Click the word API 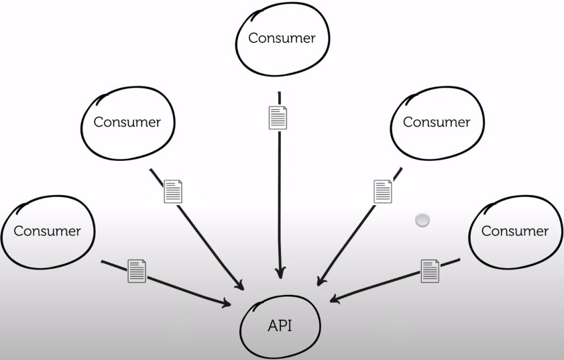280,326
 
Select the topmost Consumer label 282,38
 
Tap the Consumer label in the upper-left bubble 127,122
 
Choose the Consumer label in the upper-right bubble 437,122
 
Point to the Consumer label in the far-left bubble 47,231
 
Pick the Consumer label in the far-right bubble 515,231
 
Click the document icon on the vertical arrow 278,117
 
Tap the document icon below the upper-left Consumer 173,192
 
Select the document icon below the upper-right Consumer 383,191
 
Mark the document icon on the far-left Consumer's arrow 137,271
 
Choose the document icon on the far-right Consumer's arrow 430,271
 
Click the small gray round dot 422,220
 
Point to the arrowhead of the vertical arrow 280,274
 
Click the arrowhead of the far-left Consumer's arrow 227,305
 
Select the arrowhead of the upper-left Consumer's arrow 240,286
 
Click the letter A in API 272,326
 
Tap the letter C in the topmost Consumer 253,38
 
